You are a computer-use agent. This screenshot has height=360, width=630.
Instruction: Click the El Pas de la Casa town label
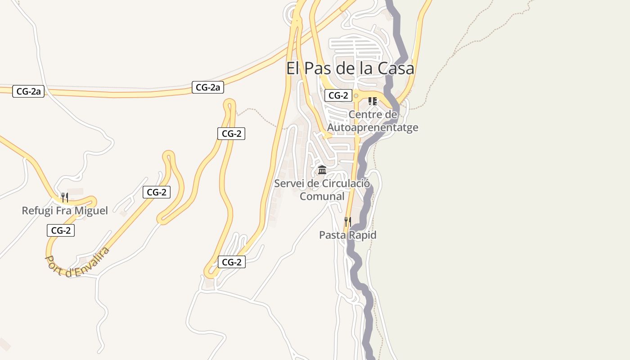pos(350,68)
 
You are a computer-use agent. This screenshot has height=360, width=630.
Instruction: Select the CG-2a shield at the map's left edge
pos(28,92)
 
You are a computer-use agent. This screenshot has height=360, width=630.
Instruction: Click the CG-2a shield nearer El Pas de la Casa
pos(208,87)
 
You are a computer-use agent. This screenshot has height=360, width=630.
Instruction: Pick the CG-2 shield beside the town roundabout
pos(338,95)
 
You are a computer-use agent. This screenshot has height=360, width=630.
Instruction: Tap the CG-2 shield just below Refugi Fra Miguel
pos(61,231)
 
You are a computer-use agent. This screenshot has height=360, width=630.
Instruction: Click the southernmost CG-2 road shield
pos(232,262)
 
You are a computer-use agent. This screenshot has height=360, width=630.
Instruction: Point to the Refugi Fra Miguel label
pos(65,211)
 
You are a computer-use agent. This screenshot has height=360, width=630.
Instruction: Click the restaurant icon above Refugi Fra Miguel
pos(65,197)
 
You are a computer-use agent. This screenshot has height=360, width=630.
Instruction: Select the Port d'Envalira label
pos(77,262)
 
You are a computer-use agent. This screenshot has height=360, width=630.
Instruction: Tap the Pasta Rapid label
pos(347,235)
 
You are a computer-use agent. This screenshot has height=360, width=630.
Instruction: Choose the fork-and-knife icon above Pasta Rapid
pos(347,221)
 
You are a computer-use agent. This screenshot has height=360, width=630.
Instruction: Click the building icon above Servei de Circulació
pos(322,170)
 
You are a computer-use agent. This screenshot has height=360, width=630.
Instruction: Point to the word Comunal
pos(322,196)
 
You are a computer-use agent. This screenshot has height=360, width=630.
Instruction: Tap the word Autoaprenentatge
pos(373,127)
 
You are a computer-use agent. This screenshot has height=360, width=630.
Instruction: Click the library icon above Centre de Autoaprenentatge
pos(372,101)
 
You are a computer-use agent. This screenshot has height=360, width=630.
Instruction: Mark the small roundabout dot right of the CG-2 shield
pos(356,95)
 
